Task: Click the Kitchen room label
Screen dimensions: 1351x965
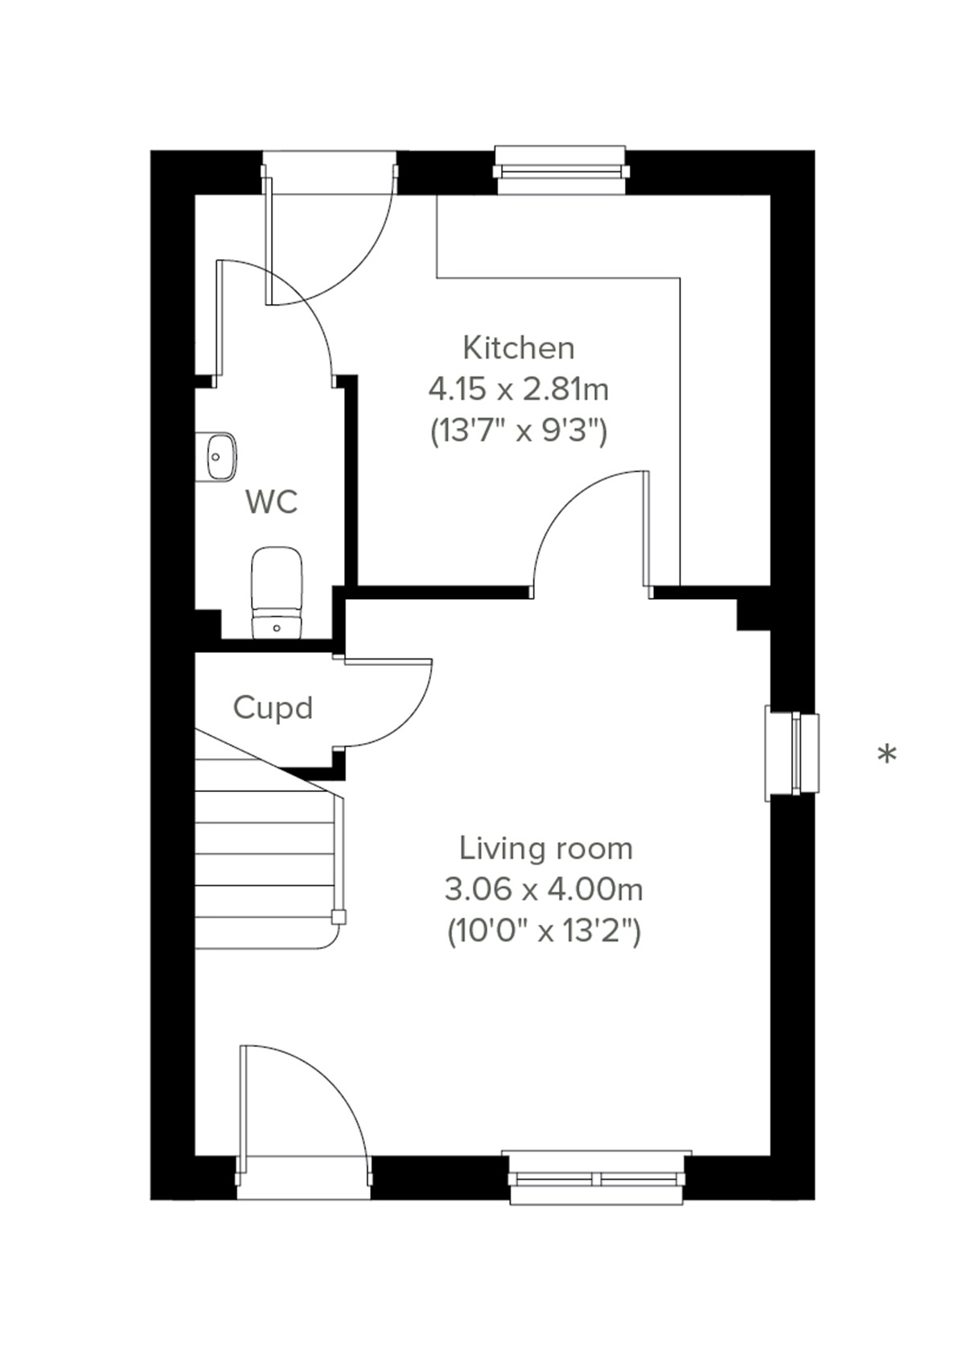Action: point(519,348)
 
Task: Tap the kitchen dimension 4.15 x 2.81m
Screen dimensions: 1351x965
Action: point(519,390)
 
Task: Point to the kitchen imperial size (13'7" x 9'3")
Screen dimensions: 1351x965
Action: point(519,432)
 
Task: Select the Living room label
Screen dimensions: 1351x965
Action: point(545,848)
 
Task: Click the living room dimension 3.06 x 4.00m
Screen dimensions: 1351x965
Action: point(544,890)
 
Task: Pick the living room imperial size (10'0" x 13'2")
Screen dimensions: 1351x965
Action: point(544,932)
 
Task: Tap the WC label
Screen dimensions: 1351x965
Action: point(272,502)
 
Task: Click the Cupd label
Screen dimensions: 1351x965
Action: point(273,708)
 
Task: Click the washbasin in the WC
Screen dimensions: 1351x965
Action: point(216,457)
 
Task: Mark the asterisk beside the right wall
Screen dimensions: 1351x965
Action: point(886,755)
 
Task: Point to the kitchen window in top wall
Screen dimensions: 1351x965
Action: point(561,170)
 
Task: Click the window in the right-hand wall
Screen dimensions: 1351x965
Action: point(792,754)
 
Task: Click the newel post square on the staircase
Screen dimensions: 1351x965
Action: point(339,917)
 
